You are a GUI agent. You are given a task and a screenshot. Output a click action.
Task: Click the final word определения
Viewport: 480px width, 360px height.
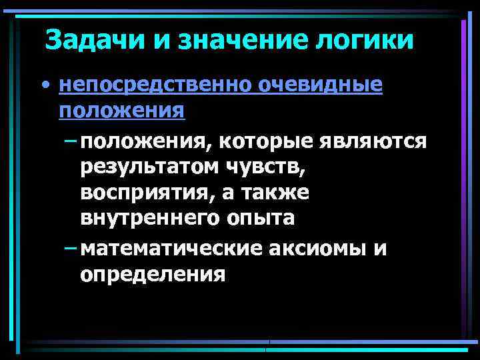tap(153, 274)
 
